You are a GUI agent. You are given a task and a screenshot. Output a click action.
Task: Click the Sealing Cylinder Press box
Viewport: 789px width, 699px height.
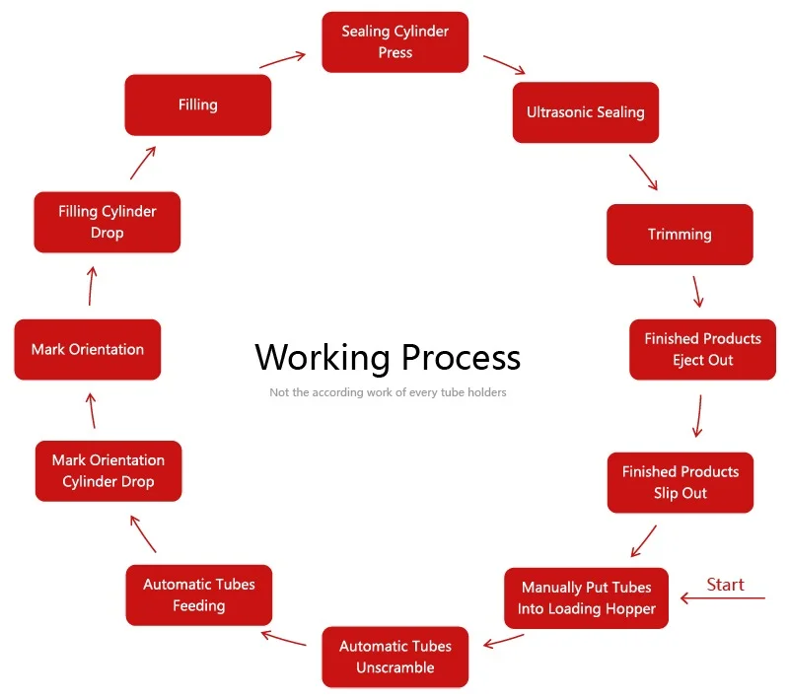(394, 42)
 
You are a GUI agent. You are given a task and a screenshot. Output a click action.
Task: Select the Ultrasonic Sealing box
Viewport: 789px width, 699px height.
(585, 112)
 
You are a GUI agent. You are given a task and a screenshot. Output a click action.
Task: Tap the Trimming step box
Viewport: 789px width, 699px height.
(680, 235)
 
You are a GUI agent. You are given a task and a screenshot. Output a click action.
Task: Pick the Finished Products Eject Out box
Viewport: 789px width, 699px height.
(702, 350)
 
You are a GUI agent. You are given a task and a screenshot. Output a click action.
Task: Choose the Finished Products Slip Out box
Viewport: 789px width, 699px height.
(680, 483)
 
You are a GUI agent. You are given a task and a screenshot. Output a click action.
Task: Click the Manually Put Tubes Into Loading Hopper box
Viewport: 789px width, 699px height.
(586, 598)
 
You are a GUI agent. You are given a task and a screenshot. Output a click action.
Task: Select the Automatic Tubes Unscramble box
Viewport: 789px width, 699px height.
(394, 657)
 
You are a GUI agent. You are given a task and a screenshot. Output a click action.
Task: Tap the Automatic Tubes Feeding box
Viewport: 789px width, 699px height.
(198, 594)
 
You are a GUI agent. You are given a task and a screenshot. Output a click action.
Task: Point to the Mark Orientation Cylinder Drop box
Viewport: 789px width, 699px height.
(108, 470)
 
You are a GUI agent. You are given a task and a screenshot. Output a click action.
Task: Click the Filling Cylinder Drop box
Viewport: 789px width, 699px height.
(107, 222)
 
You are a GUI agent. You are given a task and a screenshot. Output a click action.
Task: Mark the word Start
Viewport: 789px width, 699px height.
(725, 585)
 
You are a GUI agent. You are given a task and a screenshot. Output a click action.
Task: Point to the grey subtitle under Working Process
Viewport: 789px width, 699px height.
(388, 392)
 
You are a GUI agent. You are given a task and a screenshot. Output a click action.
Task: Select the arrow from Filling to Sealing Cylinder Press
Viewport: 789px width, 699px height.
(282, 59)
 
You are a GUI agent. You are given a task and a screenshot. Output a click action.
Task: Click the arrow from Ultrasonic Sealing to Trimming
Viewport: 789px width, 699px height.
(643, 173)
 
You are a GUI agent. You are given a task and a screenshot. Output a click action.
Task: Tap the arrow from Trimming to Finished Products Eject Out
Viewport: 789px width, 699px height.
(697, 292)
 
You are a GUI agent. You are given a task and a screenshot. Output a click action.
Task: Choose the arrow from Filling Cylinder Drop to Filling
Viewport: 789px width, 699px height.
(143, 163)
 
